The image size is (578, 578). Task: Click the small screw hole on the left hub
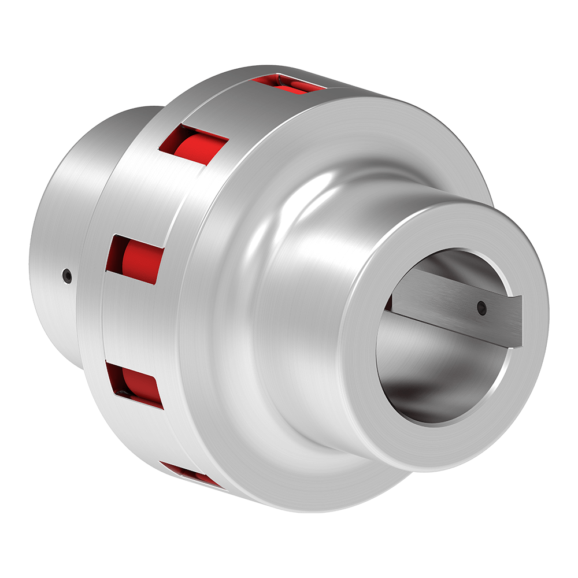(x=68, y=276)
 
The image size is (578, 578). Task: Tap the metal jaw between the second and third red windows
(x=156, y=197)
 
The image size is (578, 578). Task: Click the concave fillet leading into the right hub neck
(x=301, y=243)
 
